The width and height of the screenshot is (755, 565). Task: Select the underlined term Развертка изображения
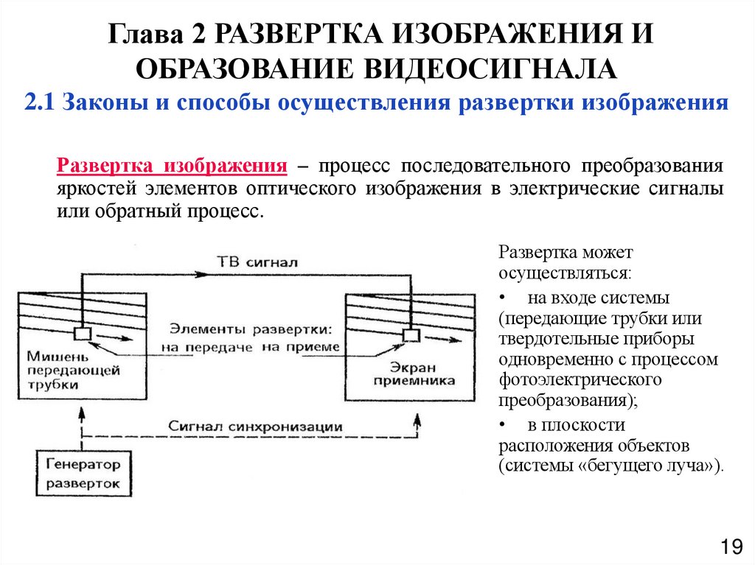coord(172,166)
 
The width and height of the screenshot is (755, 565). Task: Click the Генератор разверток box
coord(83,475)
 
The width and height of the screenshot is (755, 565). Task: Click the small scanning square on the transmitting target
coord(83,334)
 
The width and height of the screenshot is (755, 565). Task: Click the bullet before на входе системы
coord(502,300)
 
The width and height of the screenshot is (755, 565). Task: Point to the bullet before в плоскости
coord(502,426)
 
